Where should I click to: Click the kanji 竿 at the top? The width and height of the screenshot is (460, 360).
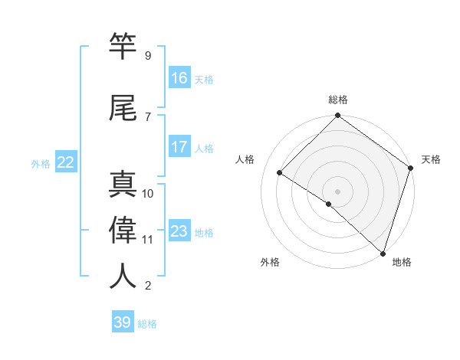123,47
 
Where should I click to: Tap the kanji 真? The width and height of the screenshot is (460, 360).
123,185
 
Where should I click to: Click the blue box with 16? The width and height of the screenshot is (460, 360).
179,77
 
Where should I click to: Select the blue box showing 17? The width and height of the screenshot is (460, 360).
179,147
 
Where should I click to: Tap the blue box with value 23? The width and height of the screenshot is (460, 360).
179,231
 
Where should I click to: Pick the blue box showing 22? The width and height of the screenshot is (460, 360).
66,162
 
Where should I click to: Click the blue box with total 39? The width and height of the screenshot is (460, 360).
123,322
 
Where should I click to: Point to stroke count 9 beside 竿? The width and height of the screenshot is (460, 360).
147,56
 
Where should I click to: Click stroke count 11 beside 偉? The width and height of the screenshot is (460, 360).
147,240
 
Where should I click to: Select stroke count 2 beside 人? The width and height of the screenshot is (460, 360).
147,286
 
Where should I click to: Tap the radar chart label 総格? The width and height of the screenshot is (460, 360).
338,100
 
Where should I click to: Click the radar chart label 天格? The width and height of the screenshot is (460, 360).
431,159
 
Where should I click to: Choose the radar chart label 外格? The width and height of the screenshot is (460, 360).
270,263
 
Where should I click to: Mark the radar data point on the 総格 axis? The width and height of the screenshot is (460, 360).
338,116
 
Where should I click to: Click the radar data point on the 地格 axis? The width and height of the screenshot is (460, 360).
382,253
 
